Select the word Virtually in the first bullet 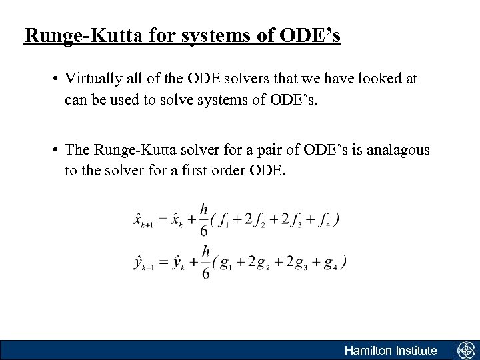tap(91, 79)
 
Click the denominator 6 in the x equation tap(204, 231)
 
